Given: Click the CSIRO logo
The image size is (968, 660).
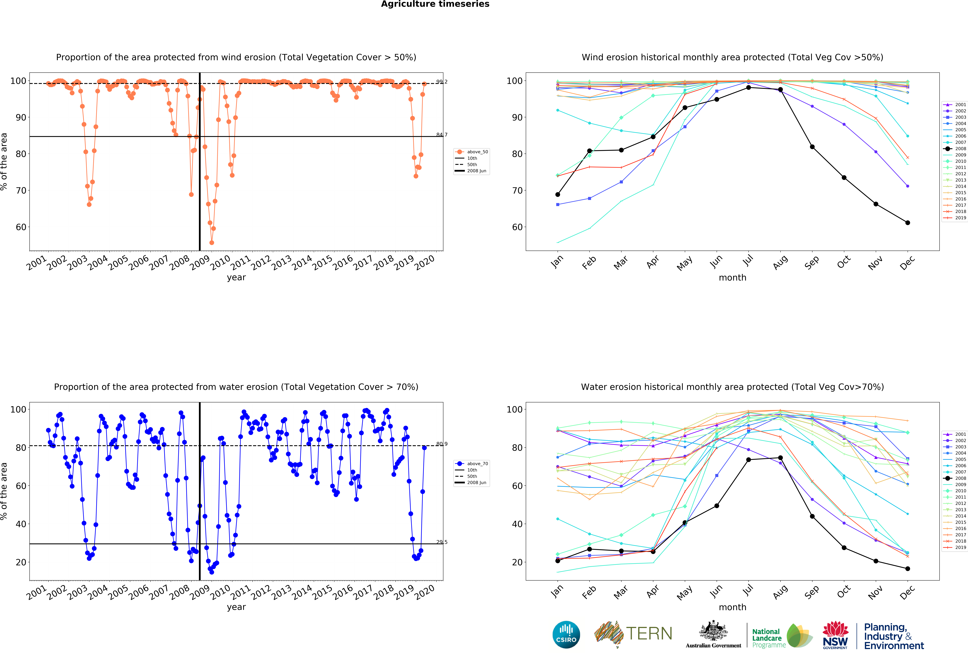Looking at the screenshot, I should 566,635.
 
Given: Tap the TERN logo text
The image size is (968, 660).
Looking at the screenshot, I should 649,633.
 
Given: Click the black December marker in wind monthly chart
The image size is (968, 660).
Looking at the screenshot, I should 908,222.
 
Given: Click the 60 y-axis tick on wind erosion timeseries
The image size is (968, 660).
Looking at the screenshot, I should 21,227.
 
